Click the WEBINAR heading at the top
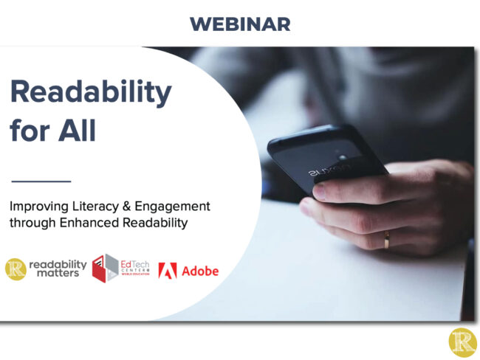click(x=239, y=24)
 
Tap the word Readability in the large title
click(x=90, y=93)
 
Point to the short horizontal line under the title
click(x=41, y=180)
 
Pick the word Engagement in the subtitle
click(x=174, y=207)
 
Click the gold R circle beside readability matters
click(x=16, y=269)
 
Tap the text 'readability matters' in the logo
click(x=58, y=269)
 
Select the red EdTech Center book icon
click(x=105, y=269)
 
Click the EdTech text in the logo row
click(x=135, y=264)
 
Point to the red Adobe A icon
click(x=168, y=271)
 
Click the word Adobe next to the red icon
click(x=200, y=271)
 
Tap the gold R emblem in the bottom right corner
click(x=462, y=342)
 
